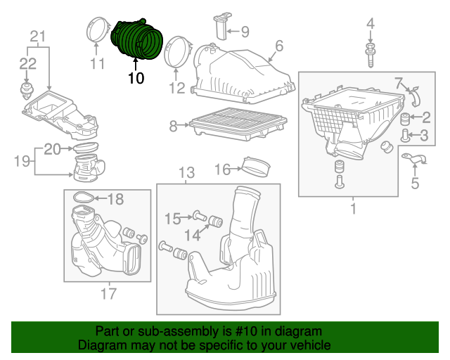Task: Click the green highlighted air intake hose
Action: [x=136, y=39]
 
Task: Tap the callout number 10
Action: [x=136, y=78]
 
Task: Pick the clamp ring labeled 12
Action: [x=176, y=51]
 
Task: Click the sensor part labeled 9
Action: [x=222, y=26]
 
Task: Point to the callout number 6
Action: [x=279, y=46]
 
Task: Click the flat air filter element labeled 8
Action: [x=238, y=124]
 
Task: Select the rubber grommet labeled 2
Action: [x=405, y=119]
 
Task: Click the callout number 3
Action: [x=424, y=136]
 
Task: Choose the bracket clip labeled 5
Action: [x=415, y=160]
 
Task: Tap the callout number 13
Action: [x=186, y=173]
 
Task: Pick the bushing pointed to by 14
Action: [x=216, y=221]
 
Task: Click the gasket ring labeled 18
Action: [x=84, y=197]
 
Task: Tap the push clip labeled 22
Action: [x=27, y=91]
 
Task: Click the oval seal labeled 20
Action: [x=86, y=148]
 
